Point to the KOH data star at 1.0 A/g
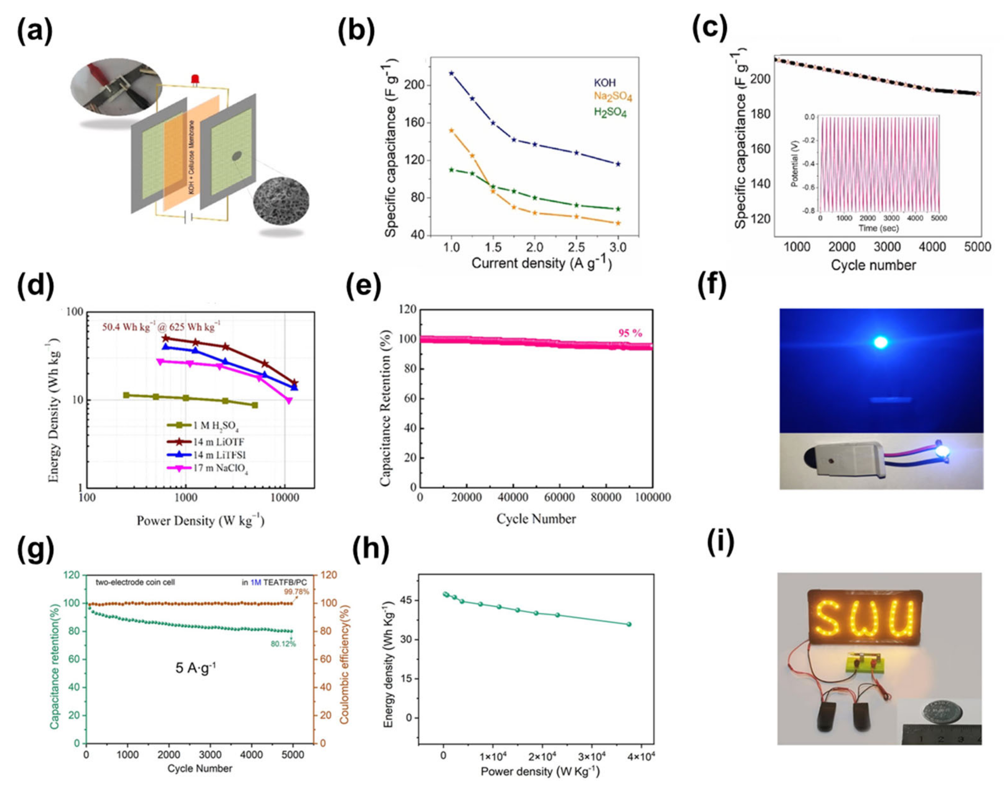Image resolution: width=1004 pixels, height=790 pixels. pyautogui.click(x=451, y=73)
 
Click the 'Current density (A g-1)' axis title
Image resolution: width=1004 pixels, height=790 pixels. pyautogui.click(x=541, y=264)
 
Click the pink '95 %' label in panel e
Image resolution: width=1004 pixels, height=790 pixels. pyautogui.click(x=630, y=333)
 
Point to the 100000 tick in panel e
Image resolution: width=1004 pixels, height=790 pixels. pyautogui.click(x=652, y=497)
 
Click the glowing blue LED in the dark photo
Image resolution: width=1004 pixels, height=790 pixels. pyautogui.click(x=880, y=342)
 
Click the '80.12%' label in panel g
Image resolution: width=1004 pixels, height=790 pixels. pyautogui.click(x=283, y=644)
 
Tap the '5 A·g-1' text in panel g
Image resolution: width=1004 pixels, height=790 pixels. pyautogui.click(x=195, y=668)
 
